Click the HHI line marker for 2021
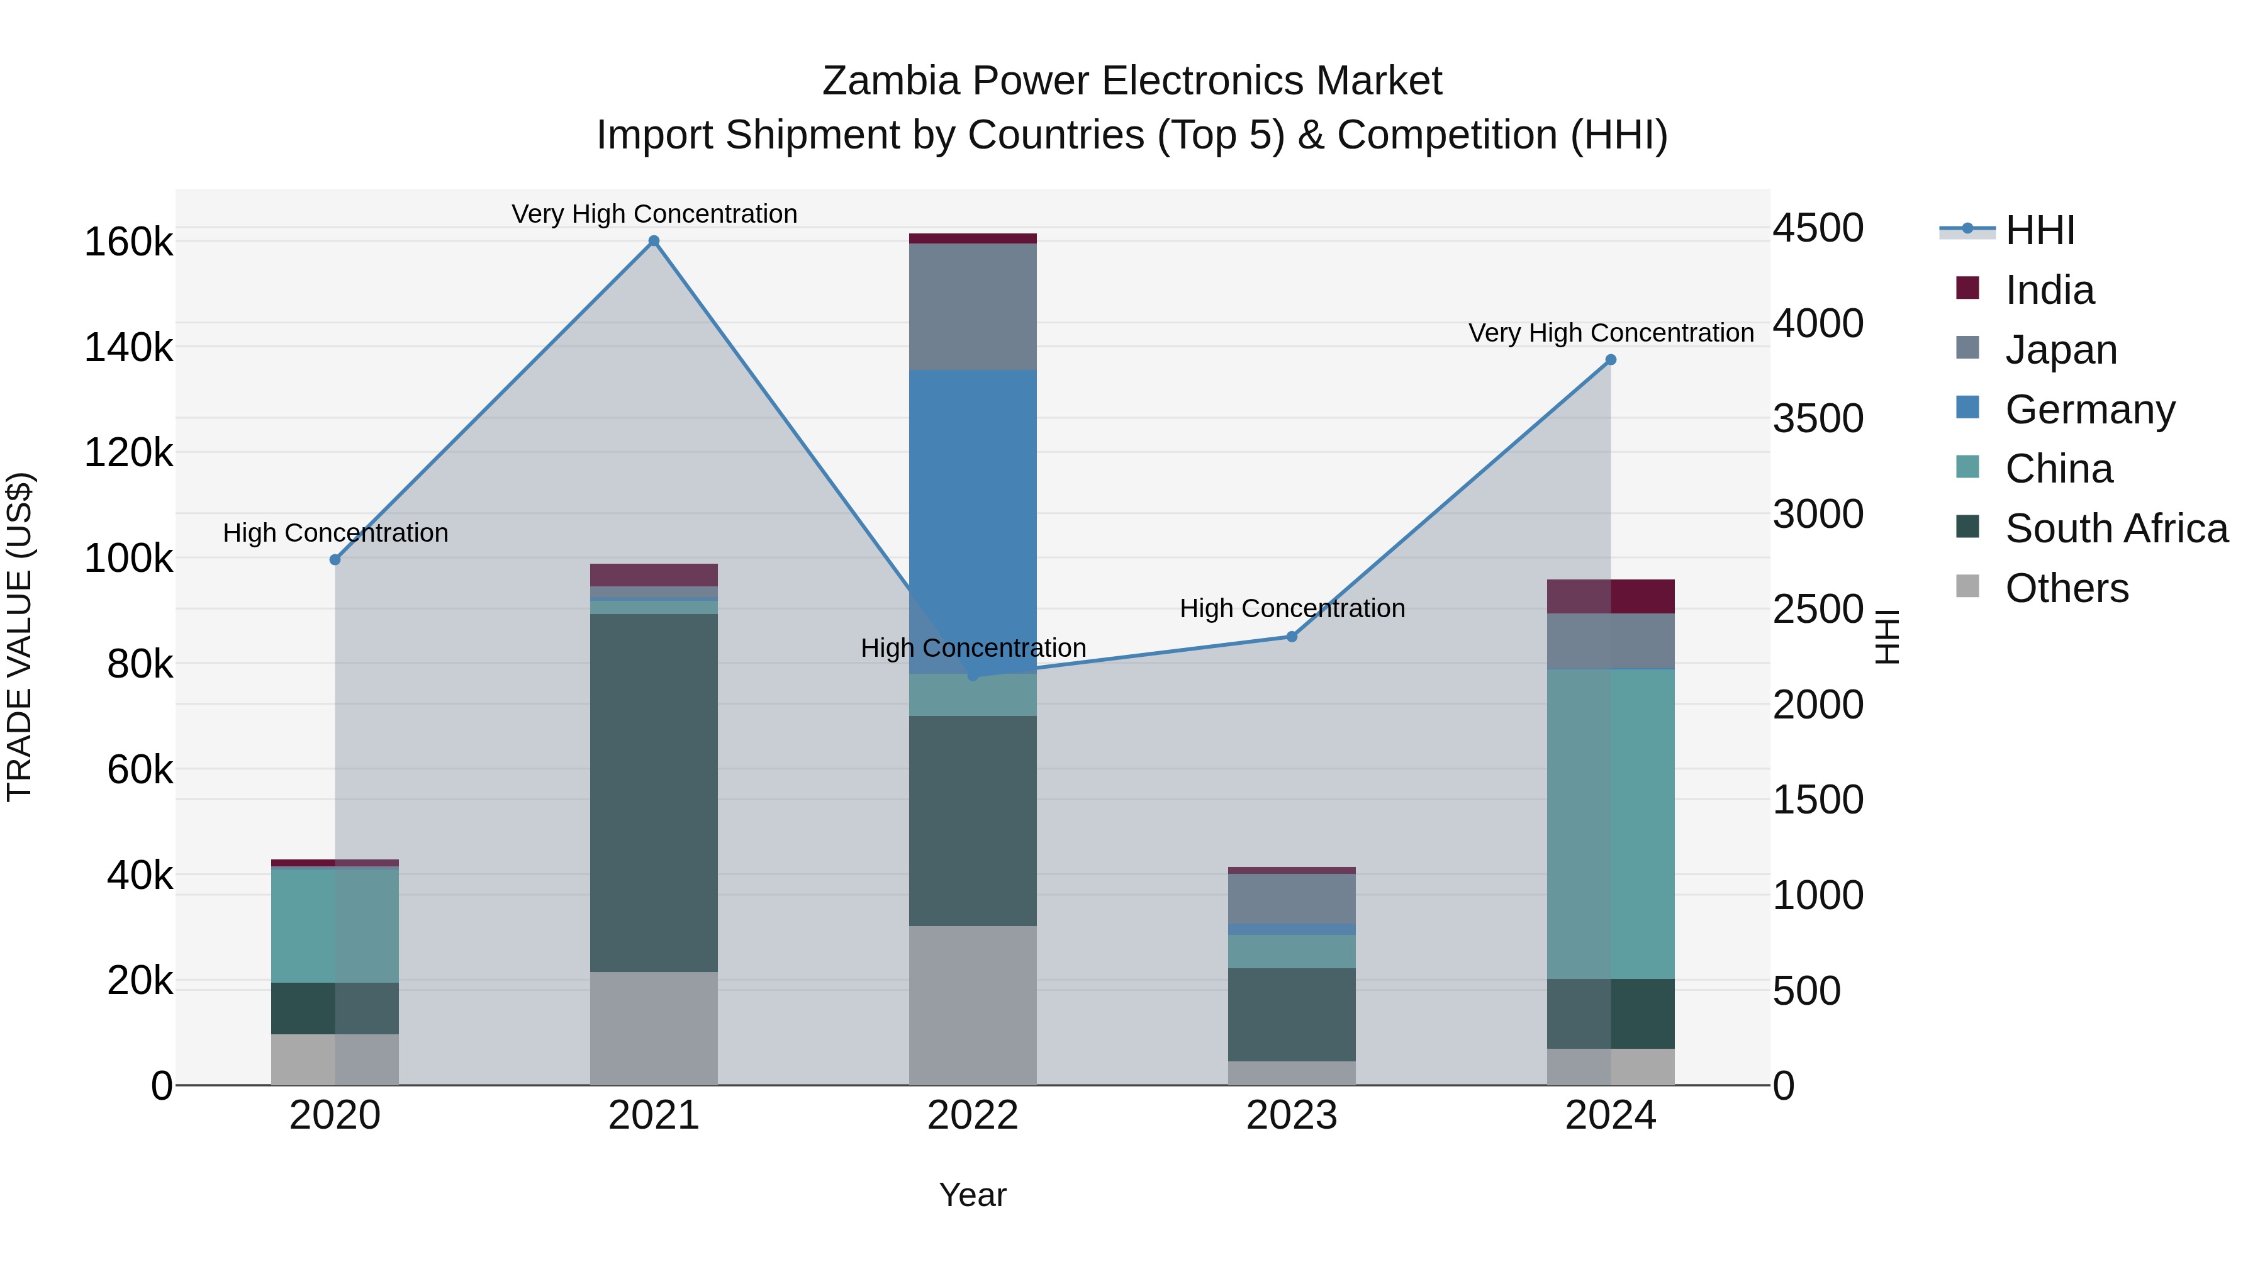point(653,241)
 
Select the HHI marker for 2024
point(1610,360)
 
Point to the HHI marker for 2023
point(1292,637)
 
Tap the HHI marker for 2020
point(335,560)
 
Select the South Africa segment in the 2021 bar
point(653,791)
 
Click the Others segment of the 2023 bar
point(1292,1073)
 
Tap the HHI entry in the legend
point(2040,230)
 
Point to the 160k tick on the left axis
point(128,242)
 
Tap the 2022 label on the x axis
point(973,1115)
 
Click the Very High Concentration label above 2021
point(654,214)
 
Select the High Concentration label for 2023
point(1292,608)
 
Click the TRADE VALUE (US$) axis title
point(20,637)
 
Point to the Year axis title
point(973,1195)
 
